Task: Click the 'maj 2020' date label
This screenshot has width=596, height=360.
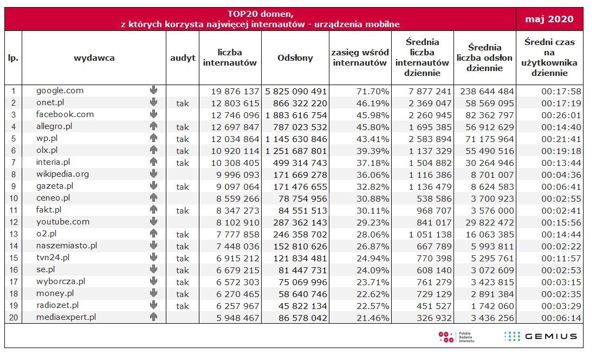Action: [x=549, y=19]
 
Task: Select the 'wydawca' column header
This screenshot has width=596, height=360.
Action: [x=94, y=58]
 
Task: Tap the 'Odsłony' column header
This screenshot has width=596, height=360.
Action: [x=295, y=58]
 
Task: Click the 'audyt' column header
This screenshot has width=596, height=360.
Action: [x=183, y=58]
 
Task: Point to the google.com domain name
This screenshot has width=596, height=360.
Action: [x=60, y=91]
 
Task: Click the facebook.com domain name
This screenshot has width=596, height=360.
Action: [x=64, y=114]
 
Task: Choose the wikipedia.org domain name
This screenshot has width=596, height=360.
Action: [x=62, y=174]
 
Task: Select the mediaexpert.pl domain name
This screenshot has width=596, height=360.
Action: [x=66, y=317]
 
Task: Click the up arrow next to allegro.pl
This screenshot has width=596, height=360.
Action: [x=153, y=126]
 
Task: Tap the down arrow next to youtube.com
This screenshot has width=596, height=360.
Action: [x=153, y=221]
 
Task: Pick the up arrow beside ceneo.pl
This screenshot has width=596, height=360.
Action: [x=153, y=197]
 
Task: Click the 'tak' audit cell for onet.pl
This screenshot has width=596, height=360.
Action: [x=183, y=104]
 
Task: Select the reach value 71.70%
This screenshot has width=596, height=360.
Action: [x=373, y=92]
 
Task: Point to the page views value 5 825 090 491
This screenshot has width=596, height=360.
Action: [x=296, y=92]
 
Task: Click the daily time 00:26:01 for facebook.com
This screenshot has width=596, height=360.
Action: [x=561, y=115]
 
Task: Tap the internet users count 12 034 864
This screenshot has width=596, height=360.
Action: [x=235, y=139]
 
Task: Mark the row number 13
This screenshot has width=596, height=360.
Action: [x=14, y=234]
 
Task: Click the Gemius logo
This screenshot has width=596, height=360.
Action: [x=541, y=336]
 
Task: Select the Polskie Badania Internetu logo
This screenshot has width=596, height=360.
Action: [x=457, y=337]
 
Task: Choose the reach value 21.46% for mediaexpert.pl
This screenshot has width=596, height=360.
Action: [x=373, y=318]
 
